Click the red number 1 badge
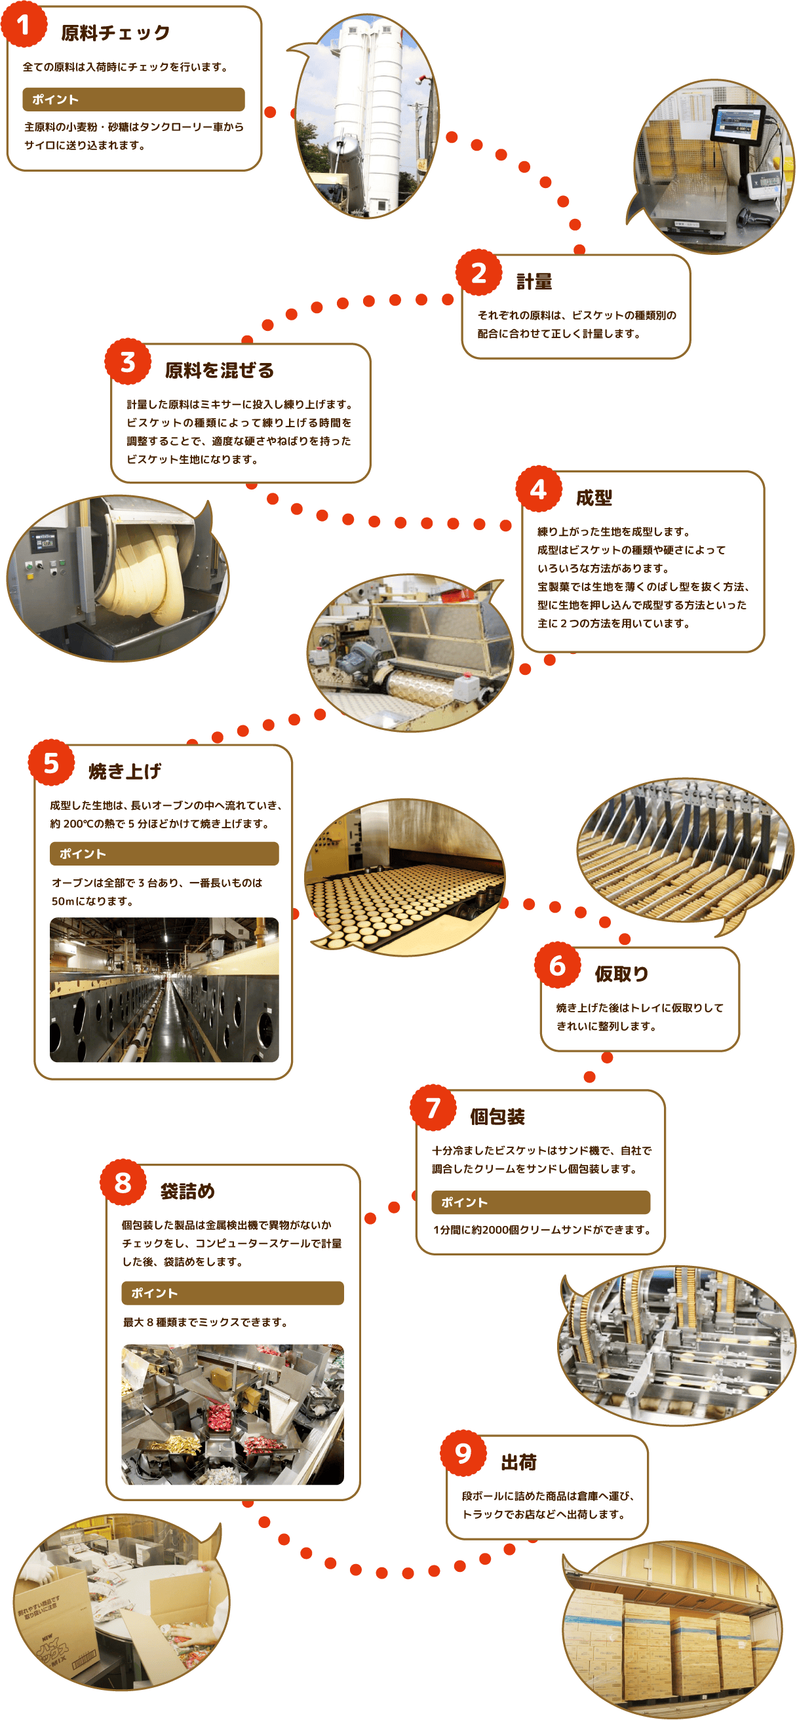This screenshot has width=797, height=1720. [x=24, y=25]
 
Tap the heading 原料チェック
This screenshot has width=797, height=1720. [x=115, y=33]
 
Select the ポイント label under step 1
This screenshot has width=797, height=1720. [x=56, y=100]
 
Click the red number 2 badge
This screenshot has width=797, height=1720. [x=479, y=273]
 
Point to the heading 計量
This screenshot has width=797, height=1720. [x=534, y=282]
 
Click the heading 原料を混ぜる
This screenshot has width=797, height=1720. [x=220, y=371]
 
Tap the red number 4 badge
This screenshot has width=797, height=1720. [x=539, y=489]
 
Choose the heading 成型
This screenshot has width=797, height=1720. [x=594, y=498]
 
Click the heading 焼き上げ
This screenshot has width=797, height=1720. [x=125, y=772]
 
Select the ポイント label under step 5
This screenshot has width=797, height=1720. [x=82, y=854]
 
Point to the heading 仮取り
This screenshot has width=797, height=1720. [x=621, y=974]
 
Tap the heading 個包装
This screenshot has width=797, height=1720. [x=497, y=1117]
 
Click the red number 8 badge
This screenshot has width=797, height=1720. [x=123, y=1183]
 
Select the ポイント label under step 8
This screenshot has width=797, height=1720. [x=154, y=1293]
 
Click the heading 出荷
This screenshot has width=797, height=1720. [x=519, y=1463]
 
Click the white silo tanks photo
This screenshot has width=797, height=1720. [x=367, y=116]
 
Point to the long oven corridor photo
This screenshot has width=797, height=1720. [x=165, y=989]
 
